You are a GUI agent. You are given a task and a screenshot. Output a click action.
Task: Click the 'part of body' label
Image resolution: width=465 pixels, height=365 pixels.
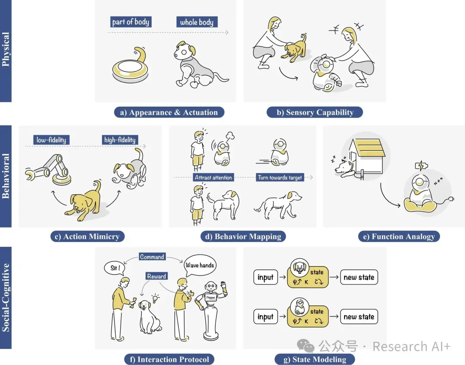[x=131, y=22]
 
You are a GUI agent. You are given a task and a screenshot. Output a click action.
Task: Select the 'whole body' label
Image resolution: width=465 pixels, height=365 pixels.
[x=197, y=22]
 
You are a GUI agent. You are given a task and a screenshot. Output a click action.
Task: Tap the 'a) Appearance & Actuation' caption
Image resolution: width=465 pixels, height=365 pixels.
[x=169, y=113]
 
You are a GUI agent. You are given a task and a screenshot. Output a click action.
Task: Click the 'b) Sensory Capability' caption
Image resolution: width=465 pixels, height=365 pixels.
[x=315, y=113]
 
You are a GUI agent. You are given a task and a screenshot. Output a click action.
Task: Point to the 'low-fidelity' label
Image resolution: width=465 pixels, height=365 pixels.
[x=51, y=140]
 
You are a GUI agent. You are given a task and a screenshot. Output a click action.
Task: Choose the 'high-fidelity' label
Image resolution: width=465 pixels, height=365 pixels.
[x=120, y=140]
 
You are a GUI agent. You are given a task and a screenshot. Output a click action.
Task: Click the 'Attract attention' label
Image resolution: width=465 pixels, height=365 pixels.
[x=213, y=178]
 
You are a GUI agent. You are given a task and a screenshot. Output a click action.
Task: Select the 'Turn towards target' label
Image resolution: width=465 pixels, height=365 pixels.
[x=280, y=178]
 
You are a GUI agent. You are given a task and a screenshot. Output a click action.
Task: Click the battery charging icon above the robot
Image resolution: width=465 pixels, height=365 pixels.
[x=422, y=166]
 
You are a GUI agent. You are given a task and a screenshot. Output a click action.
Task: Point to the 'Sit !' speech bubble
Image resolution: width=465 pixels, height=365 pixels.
[x=115, y=268]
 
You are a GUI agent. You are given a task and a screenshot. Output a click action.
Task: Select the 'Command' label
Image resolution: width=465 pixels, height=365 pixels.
[x=152, y=257]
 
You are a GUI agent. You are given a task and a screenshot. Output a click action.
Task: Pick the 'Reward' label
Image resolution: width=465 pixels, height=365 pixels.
[x=157, y=276]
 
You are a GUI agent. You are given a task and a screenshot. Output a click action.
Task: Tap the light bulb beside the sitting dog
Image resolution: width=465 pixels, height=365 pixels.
[x=155, y=298]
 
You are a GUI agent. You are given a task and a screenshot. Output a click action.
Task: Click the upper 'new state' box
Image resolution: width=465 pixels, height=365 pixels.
[x=359, y=277]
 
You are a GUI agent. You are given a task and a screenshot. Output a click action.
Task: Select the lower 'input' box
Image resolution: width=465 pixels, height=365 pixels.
[x=265, y=316]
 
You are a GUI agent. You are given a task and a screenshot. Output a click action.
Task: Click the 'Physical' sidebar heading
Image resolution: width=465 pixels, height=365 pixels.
[x=6, y=49]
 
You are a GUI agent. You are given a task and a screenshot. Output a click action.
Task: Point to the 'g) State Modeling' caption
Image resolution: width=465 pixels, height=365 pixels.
[x=315, y=359]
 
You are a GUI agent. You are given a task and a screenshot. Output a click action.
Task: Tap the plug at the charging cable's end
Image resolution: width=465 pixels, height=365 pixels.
[x=451, y=199]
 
